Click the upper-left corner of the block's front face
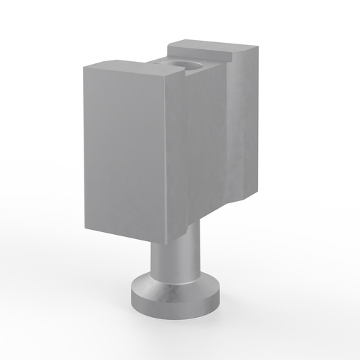84,67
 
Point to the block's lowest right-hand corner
246,197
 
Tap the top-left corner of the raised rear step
169,47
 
